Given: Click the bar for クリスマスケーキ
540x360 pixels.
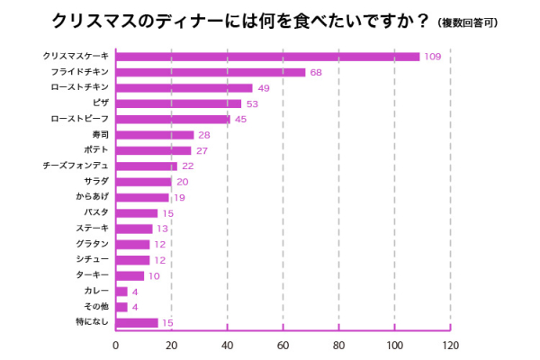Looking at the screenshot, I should tap(267, 57).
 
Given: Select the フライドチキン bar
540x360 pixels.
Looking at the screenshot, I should tap(211, 72).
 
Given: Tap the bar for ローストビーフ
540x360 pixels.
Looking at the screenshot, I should tap(173, 119).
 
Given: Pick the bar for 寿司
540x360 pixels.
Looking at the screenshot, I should tap(154, 135).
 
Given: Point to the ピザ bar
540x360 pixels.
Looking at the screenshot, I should tap(178, 103).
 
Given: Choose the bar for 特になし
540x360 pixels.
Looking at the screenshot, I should tap(137, 322).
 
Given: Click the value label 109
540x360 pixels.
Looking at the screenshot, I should tap(432, 57).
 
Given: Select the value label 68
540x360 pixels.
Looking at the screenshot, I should tap(316, 72).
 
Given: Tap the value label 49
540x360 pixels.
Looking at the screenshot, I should tap(264, 88).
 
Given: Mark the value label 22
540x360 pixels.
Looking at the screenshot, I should tap(188, 166).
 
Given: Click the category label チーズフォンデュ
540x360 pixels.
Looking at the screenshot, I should tap(76, 166).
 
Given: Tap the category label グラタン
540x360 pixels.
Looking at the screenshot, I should tap(92, 244).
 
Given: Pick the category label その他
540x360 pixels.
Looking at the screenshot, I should tap(96, 307).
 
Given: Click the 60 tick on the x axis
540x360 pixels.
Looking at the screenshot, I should tap(283, 345).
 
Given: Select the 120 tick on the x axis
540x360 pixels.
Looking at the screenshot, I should tap(450, 345).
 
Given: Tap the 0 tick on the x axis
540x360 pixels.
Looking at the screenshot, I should tap(115, 345).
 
